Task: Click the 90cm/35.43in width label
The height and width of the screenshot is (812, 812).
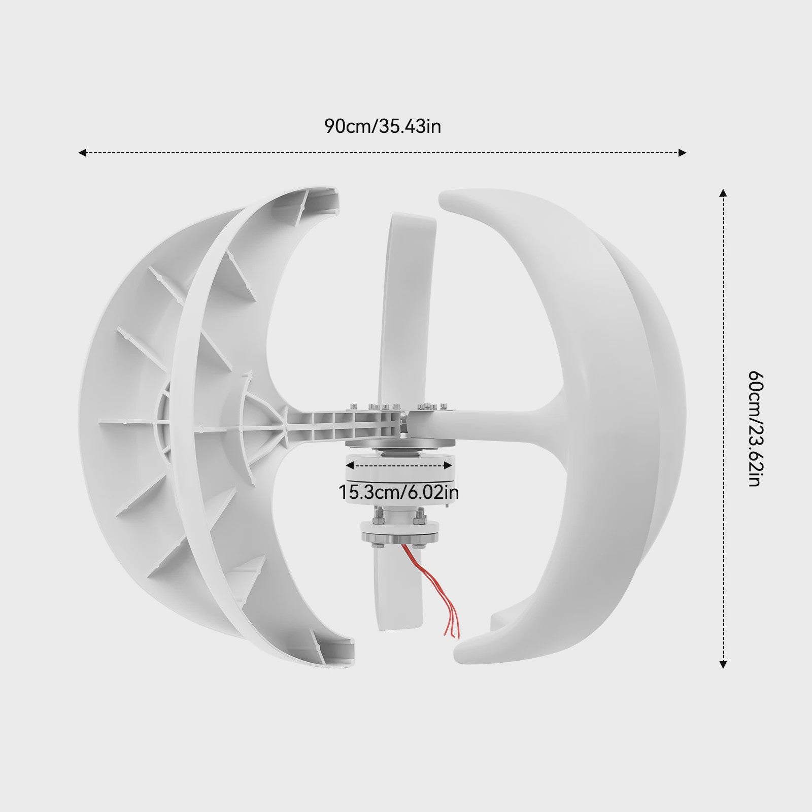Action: tap(383, 126)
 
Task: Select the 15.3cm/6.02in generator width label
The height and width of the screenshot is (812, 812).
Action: tap(398, 492)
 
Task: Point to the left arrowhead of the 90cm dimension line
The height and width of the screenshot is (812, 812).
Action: tap(82, 152)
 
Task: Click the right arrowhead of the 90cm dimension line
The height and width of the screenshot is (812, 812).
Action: tap(683, 152)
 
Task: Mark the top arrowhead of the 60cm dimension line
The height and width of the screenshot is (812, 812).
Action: tap(724, 192)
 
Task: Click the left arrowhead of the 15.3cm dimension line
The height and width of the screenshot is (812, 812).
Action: tap(349, 464)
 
